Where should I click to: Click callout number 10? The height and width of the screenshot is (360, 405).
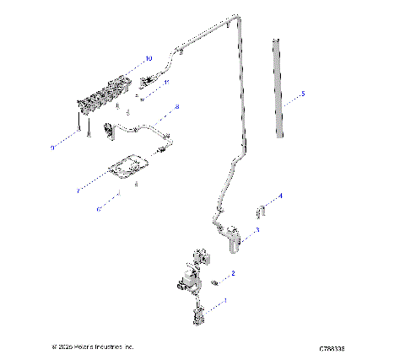coord(148,59)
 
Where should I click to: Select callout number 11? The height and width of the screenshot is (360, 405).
coord(167,82)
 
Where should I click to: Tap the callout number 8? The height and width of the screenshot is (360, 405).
coord(177,107)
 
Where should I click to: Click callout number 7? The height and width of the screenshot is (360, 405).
coord(78,192)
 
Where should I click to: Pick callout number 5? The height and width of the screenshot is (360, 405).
coord(304,94)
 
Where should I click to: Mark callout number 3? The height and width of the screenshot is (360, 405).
coord(257,229)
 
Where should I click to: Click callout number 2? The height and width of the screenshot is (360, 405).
coord(233,274)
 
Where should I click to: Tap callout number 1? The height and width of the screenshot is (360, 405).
coord(225,300)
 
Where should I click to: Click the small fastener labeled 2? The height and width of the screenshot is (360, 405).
coord(215,282)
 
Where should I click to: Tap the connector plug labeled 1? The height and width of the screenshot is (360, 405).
coord(200,314)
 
